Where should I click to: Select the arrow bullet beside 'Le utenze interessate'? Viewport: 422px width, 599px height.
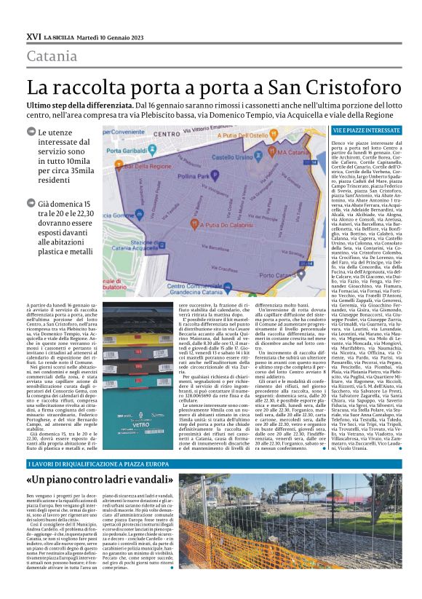(x=31, y=131)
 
